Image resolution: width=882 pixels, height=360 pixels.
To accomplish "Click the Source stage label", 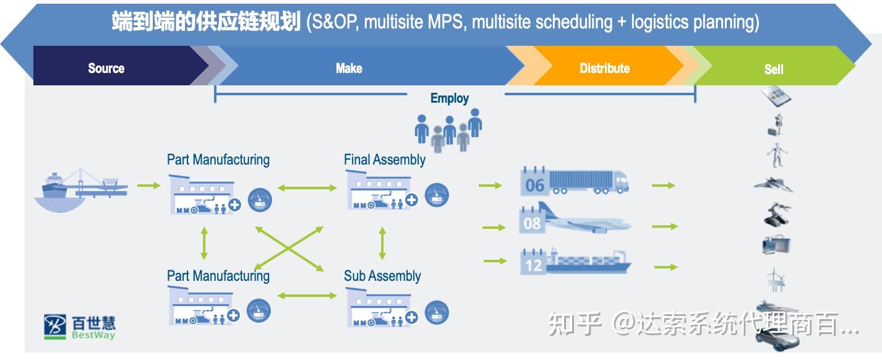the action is (x=106, y=68).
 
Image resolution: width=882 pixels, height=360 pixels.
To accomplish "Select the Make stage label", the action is (x=349, y=68).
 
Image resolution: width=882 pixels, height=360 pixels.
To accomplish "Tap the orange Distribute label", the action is (x=604, y=68).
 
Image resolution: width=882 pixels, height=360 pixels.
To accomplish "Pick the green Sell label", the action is (x=774, y=69).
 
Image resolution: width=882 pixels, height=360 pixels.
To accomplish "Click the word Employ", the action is (x=449, y=98).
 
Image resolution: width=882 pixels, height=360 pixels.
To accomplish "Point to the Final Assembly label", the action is (x=384, y=160).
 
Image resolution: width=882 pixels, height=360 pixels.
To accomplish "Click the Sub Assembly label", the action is (x=382, y=276).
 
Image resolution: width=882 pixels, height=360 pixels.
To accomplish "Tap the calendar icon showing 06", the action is (x=534, y=182).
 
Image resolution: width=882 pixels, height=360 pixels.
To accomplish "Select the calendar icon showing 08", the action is (x=532, y=220).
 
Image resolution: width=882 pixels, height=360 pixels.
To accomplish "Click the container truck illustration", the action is (x=589, y=182).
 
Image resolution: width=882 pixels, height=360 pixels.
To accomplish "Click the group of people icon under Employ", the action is (x=448, y=130).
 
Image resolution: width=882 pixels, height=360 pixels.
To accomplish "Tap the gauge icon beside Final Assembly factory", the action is (x=437, y=195).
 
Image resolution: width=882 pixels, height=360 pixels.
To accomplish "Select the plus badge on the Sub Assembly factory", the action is (x=411, y=317).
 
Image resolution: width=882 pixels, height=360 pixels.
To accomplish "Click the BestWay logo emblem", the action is (x=54, y=327).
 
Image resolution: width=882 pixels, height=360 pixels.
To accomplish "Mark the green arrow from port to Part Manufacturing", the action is (x=149, y=185).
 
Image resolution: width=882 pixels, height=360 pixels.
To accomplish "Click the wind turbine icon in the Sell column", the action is (x=776, y=280).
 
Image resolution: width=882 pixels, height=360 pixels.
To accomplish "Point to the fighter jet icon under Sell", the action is (x=773, y=184).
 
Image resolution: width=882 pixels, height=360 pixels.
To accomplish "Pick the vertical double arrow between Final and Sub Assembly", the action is (x=382, y=243).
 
